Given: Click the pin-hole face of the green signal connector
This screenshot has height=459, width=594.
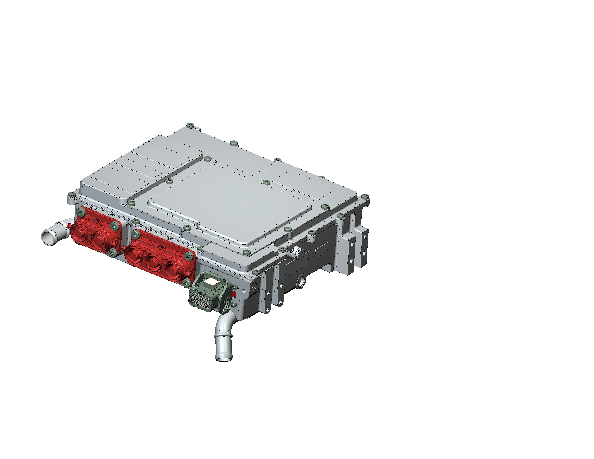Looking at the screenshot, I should pyautogui.click(x=202, y=299).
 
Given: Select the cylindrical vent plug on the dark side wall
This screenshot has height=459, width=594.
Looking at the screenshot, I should pyautogui.click(x=295, y=253).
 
